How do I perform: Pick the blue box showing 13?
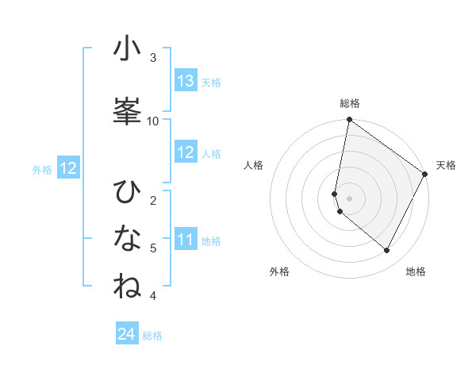coord(186,81)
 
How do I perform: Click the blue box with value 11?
coord(186,240)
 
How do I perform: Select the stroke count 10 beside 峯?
coord(153,121)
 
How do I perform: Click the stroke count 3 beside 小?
coord(153,58)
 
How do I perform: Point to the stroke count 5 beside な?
coord(153,248)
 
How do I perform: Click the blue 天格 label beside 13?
coord(211,83)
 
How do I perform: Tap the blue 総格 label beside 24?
coord(153,336)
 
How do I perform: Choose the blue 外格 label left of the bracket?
coord(42,169)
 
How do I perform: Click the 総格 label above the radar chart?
coord(350,103)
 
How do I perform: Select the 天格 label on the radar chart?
coord(446,165)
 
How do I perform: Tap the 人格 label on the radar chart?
coord(254,165)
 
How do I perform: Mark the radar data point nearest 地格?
coord(386,251)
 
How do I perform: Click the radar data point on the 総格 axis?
coord(349,121)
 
